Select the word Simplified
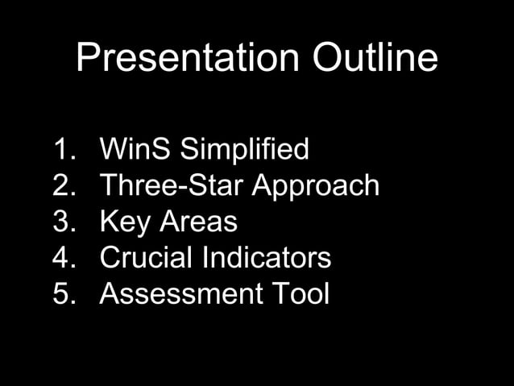[244, 150]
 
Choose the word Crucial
[146, 259]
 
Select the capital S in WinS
[161, 150]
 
